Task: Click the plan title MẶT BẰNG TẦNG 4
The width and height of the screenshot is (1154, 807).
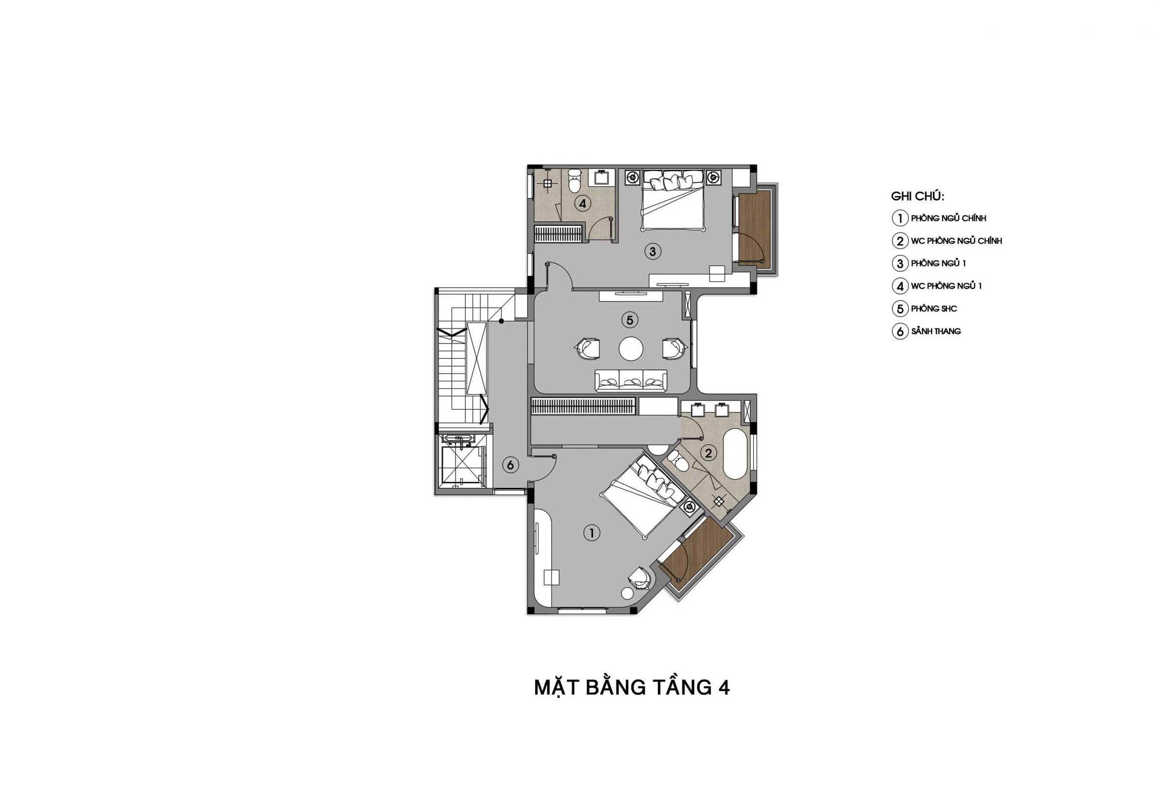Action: [632, 688]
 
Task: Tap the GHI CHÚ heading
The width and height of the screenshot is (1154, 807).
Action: [917, 197]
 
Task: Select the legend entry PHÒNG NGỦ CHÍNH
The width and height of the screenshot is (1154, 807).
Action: [948, 218]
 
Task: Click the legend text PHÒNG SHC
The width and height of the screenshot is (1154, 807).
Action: [934, 308]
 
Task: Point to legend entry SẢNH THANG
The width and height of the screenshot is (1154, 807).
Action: [936, 331]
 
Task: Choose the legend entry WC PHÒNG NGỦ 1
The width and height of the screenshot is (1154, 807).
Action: [946, 286]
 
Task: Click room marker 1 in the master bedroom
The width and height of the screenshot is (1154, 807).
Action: [592, 533]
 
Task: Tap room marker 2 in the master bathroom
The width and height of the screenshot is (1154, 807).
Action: [708, 453]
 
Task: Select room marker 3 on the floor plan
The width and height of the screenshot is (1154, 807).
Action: [652, 251]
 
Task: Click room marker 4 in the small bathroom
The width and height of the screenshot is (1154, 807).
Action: [583, 204]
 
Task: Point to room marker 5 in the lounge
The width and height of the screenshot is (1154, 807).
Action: [629, 320]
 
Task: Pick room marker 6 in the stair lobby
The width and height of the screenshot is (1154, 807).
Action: [510, 465]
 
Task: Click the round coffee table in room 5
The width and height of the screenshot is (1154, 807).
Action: [631, 349]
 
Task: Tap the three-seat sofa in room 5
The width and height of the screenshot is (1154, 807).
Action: [631, 380]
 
